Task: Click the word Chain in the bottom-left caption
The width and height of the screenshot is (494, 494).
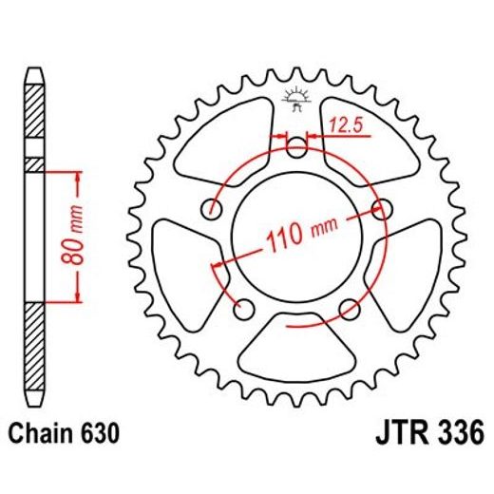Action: pyautogui.click(x=42, y=434)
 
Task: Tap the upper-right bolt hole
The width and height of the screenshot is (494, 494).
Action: pyautogui.click(x=382, y=208)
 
